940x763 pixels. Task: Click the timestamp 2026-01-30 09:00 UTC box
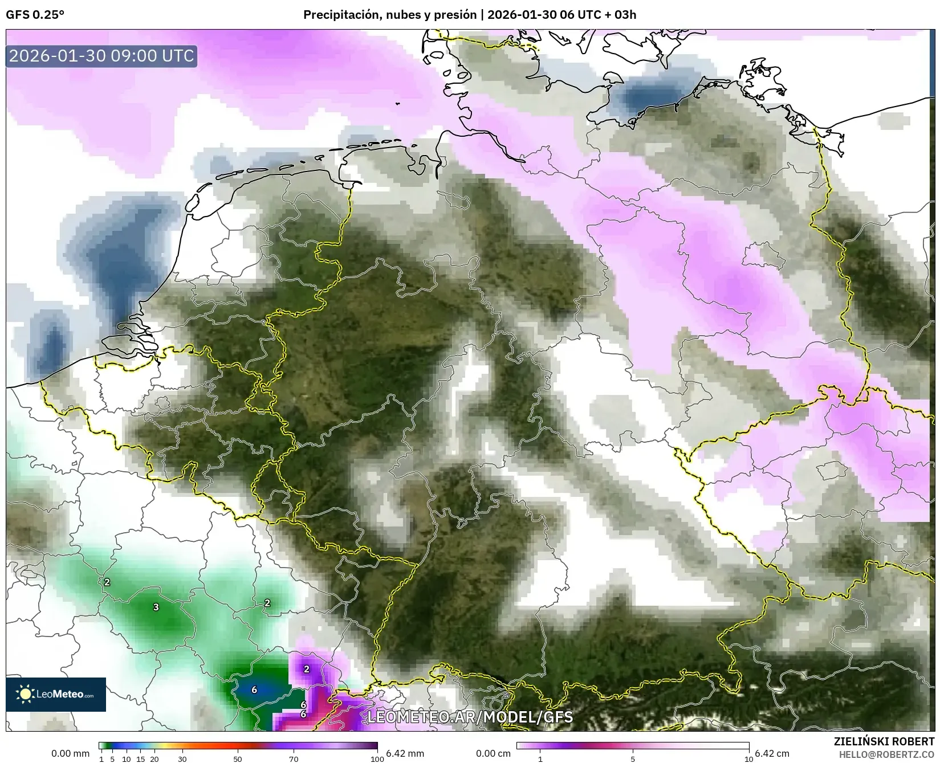tap(101, 56)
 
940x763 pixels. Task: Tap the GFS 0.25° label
tap(35, 15)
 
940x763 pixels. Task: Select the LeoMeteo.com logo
tap(56, 694)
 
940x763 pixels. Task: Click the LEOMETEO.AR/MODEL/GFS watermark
tap(470, 716)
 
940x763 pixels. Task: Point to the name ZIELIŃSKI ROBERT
tap(884, 742)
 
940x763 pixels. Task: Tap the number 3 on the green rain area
tap(156, 607)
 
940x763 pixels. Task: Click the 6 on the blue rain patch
tap(254, 690)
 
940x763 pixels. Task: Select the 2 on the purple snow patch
tap(307, 669)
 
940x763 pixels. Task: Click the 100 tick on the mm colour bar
tap(377, 759)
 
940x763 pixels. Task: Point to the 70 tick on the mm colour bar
tap(294, 759)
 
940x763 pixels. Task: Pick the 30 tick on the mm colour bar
tap(182, 759)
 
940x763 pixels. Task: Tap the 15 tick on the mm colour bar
tap(140, 759)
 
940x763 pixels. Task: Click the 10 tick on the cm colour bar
tap(749, 759)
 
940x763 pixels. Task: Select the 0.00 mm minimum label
tap(70, 753)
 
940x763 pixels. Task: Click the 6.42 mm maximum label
tap(405, 753)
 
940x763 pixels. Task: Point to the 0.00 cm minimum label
tap(493, 753)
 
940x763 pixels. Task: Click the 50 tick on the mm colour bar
tap(238, 759)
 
